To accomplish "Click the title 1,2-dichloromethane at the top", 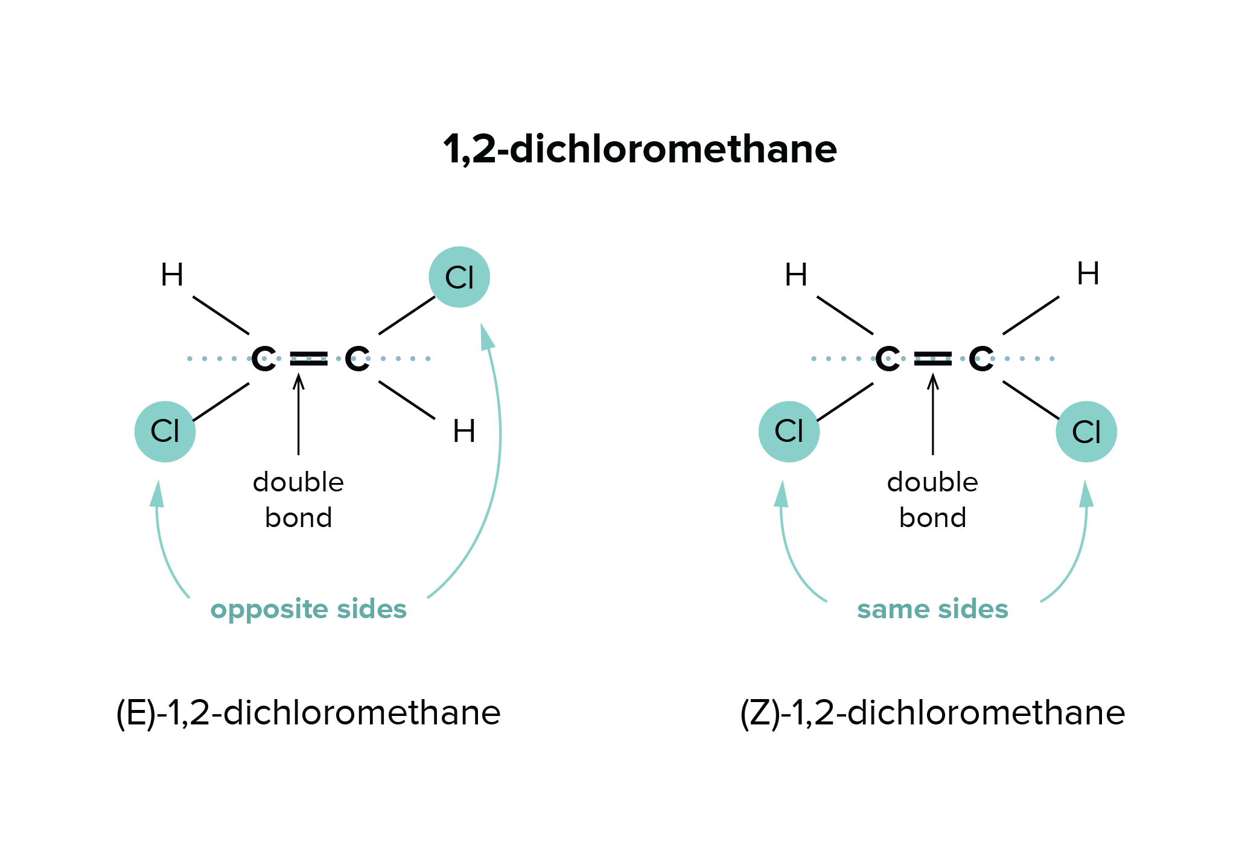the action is tap(640, 150).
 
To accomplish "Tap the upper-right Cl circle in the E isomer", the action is tap(459, 277).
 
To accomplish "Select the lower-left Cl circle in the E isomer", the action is tap(165, 432).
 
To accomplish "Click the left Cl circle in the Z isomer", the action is tap(789, 432).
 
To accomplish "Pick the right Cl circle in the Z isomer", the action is tap(1086, 432).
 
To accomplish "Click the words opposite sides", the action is tap(308, 610).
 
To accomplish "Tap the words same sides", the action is tap(932, 610).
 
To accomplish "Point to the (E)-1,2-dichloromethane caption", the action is tap(308, 714).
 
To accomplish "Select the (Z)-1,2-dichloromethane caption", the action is tap(932, 714).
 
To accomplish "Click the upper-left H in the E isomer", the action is tap(172, 275).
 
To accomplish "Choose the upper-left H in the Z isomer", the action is tap(796, 275).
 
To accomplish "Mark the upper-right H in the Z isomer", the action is tap(1089, 275).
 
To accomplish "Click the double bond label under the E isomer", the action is tap(299, 500).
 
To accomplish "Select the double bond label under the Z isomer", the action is tap(932, 500).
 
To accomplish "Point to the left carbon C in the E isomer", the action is tap(263, 360).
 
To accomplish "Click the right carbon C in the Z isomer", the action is tap(982, 360).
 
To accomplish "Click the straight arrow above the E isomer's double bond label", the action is tap(299, 417).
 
